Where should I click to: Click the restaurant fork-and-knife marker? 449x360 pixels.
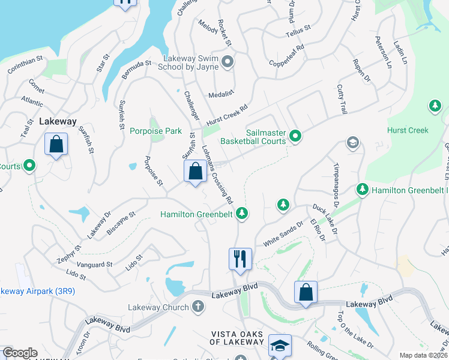click(240, 259)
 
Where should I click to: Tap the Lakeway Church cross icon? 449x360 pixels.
click(198, 307)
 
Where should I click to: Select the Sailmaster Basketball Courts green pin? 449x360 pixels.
click(295, 136)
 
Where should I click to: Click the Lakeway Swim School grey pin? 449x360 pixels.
click(228, 61)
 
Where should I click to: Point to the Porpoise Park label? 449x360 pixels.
click(155, 131)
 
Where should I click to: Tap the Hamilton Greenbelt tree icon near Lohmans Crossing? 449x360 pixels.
click(242, 213)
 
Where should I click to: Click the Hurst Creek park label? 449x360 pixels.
click(408, 130)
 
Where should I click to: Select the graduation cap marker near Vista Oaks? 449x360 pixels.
click(280, 346)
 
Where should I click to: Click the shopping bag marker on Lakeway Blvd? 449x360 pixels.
click(306, 292)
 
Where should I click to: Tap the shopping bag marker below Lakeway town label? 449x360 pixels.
click(56, 145)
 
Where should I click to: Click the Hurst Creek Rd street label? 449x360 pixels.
click(227, 115)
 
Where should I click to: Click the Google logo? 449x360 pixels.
click(20, 353)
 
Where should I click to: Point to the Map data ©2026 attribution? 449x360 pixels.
click(423, 355)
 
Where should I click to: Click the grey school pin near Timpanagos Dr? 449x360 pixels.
click(352, 143)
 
